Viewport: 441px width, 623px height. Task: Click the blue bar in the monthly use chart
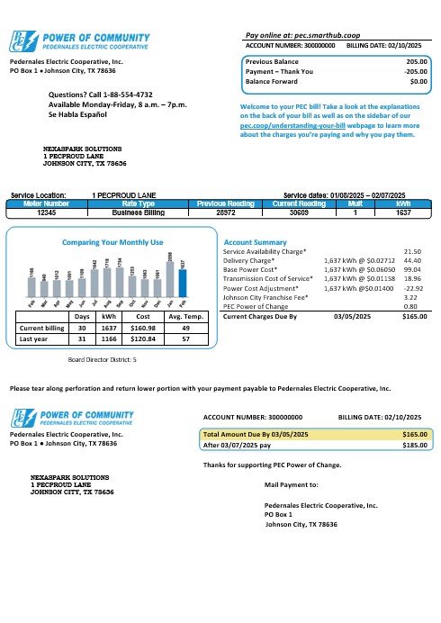(x=182, y=283)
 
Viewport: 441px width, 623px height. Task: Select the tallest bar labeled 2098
(x=170, y=276)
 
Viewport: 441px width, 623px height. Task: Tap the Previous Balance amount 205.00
(x=415, y=61)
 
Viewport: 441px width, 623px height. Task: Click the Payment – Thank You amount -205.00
(x=414, y=71)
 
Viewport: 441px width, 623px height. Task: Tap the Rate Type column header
(x=138, y=205)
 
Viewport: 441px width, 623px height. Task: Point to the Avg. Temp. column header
(x=184, y=317)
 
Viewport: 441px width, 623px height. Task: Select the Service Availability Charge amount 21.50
(x=414, y=252)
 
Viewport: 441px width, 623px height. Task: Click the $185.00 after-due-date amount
(x=414, y=445)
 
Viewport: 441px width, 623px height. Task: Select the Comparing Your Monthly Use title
(x=112, y=242)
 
